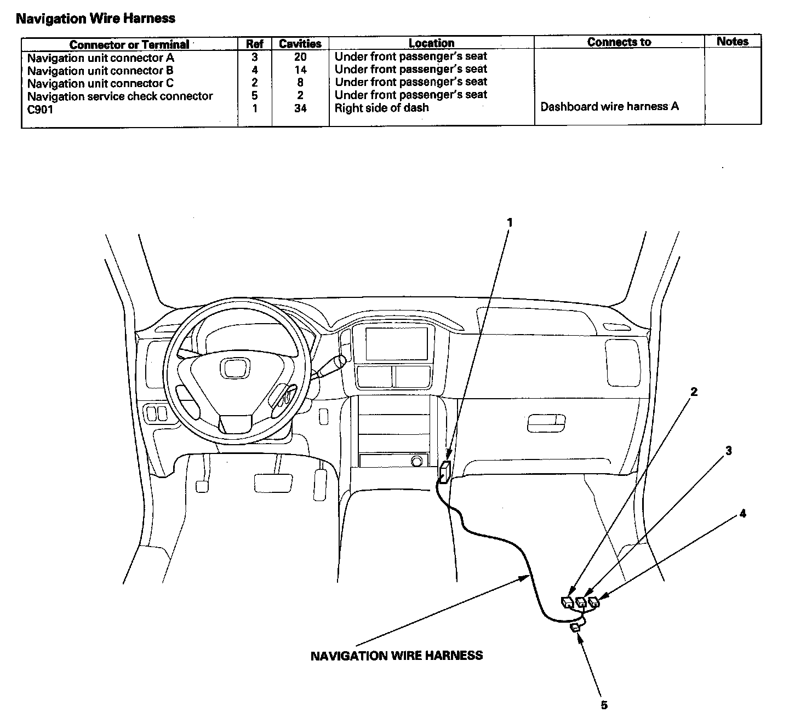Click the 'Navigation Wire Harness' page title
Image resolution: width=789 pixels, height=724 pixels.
95,18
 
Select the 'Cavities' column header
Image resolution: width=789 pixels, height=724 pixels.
300,44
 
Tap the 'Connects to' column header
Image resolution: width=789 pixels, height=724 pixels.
619,42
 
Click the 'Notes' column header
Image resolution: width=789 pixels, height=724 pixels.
732,41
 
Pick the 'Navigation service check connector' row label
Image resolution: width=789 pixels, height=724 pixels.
120,96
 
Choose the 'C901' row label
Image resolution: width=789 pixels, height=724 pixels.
41,109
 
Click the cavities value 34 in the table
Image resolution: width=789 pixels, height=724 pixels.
300,108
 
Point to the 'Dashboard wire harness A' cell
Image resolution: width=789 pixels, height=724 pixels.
609,106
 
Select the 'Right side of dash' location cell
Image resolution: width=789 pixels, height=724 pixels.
381,108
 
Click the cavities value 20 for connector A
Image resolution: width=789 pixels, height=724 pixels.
300,57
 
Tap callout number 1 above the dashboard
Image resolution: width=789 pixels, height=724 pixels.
510,222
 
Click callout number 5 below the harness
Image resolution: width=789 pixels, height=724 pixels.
604,705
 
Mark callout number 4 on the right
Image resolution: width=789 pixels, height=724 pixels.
742,513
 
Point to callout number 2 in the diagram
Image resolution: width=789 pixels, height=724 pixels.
694,392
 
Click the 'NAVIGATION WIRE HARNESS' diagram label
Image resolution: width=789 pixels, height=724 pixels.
396,656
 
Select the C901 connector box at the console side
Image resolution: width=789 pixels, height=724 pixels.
445,472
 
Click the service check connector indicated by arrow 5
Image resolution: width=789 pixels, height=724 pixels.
576,628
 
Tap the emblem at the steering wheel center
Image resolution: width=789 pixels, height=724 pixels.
235,367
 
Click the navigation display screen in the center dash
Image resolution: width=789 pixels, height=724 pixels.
397,343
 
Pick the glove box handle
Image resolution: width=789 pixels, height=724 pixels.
546,423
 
